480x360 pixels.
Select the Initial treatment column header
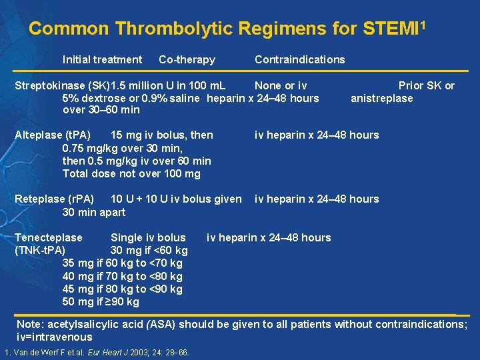click(x=102, y=60)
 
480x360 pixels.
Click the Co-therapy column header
click(x=187, y=60)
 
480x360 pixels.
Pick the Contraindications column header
click(x=300, y=60)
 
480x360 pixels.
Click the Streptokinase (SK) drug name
click(x=63, y=85)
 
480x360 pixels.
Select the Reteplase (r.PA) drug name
click(x=55, y=199)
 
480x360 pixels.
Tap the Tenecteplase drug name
click(x=49, y=237)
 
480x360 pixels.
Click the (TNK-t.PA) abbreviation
click(x=40, y=250)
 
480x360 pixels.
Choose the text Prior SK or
click(x=427, y=85)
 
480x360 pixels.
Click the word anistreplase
click(x=382, y=98)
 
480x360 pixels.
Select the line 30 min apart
click(x=93, y=211)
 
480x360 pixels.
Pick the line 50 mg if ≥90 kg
click(x=101, y=301)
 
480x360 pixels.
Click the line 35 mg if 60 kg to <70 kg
click(x=122, y=263)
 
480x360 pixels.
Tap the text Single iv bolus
click(x=148, y=237)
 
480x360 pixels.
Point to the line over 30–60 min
click(x=101, y=110)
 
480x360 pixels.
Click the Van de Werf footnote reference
click(x=97, y=352)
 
